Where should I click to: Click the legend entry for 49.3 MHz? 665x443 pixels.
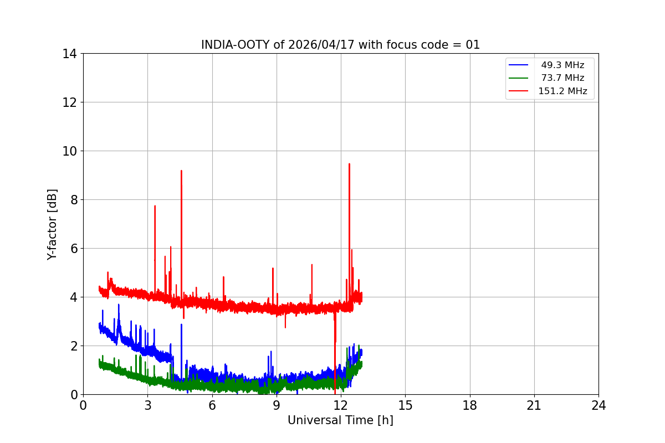click(x=562, y=65)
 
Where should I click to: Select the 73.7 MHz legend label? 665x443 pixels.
click(x=562, y=78)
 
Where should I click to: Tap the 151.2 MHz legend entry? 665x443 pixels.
click(x=562, y=91)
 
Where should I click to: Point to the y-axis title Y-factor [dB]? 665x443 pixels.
click(x=52, y=224)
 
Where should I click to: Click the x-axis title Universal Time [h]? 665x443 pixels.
click(x=340, y=420)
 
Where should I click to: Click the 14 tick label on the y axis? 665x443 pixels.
click(x=69, y=54)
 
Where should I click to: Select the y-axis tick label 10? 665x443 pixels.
click(x=69, y=151)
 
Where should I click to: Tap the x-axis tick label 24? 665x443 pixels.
click(x=598, y=405)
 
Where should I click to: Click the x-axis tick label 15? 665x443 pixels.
click(x=405, y=405)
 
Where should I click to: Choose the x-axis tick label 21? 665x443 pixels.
click(x=534, y=405)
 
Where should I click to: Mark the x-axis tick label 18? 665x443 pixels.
click(x=470, y=405)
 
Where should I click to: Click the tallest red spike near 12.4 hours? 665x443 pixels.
click(x=349, y=164)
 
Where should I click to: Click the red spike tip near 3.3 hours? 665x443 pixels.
click(x=155, y=206)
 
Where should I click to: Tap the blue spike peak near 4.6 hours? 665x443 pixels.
click(x=181, y=324)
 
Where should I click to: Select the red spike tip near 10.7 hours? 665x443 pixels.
click(x=312, y=265)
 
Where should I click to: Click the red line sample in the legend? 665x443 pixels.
click(x=519, y=91)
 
